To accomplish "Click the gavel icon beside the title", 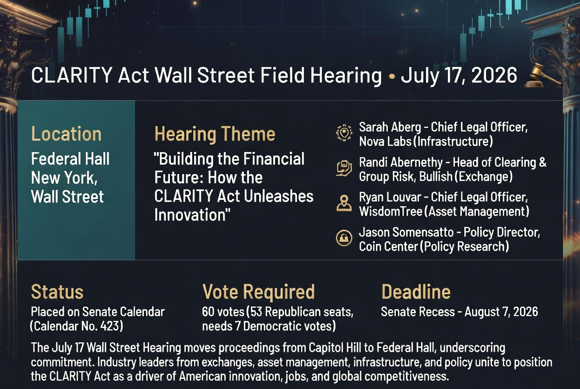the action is coord(541,76).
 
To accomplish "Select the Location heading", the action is coord(66,134).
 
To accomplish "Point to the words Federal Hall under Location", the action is coord(71,159).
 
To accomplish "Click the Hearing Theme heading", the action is coord(215,134).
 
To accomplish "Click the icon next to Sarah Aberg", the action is coord(344,133).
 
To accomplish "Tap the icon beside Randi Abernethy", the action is coord(344,168).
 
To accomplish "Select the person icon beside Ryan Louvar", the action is coord(344,203).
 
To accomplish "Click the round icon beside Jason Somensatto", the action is coord(344,238).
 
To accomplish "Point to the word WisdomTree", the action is coord(391,211).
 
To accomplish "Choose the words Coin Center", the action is coord(388,246).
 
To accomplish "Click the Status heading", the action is coord(57,292).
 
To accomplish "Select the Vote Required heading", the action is coord(259,292).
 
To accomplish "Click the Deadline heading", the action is coord(416,292).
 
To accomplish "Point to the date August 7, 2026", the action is coord(501,312).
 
